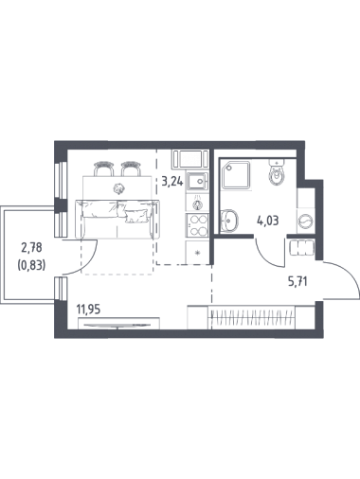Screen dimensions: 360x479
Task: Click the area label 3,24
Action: point(172,182)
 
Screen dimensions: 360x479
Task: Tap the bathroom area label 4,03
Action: point(268,221)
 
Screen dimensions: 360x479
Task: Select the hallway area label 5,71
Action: point(297,280)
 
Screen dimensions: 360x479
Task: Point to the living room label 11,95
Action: point(88,310)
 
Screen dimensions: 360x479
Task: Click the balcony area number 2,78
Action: point(31,248)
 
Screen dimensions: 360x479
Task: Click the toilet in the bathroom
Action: point(277,172)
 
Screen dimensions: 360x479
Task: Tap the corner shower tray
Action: point(235,175)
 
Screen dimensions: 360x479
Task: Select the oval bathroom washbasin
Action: point(229,221)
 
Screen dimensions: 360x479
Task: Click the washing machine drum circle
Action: point(306,220)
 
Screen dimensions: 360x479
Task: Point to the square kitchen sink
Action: point(197,181)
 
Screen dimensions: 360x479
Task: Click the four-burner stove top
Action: point(197,225)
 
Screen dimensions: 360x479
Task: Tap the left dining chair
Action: point(103,169)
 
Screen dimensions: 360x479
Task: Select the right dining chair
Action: point(131,169)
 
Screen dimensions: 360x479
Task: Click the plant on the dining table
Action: point(118,188)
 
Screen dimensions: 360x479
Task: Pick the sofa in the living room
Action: point(117,219)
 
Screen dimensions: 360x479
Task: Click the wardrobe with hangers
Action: point(251,317)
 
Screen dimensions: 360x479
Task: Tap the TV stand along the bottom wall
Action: point(118,324)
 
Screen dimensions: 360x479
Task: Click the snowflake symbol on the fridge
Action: point(198,253)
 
